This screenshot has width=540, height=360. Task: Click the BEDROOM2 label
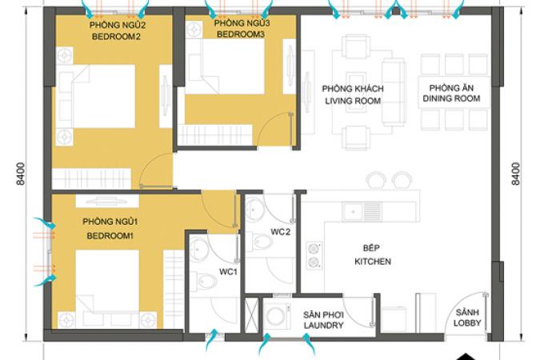click(116, 37)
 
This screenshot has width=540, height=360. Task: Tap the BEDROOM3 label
click(240, 34)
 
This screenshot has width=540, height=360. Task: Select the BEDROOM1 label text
click(110, 236)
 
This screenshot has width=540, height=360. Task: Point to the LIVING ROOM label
click(353, 101)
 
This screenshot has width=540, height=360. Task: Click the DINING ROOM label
click(451, 98)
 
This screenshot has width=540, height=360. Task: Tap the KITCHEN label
click(373, 262)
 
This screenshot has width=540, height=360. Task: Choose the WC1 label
click(228, 272)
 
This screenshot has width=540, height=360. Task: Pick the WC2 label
click(280, 232)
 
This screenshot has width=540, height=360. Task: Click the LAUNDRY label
click(323, 326)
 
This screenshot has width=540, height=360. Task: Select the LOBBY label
click(467, 322)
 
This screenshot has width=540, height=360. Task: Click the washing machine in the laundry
click(277, 316)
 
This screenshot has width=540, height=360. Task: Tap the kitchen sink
click(362, 211)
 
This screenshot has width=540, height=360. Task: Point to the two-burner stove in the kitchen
click(314, 255)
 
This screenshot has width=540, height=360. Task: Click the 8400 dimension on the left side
click(21, 174)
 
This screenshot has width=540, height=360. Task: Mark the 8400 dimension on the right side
click(515, 174)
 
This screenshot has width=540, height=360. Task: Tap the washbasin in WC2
click(254, 209)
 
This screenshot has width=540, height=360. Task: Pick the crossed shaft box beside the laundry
click(251, 315)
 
